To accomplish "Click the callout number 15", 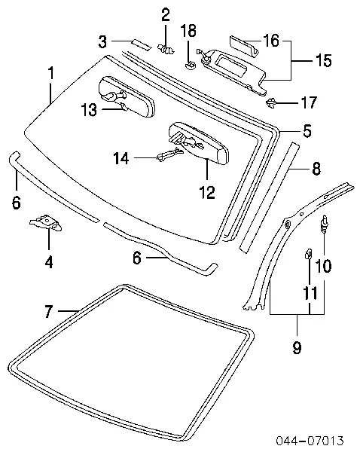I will click(323, 61).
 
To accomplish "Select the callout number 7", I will click(48, 310).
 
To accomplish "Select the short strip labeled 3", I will click(141, 41).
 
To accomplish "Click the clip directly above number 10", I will click(325, 223).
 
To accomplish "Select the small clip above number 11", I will click(309, 254).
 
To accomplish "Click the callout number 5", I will click(307, 130).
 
